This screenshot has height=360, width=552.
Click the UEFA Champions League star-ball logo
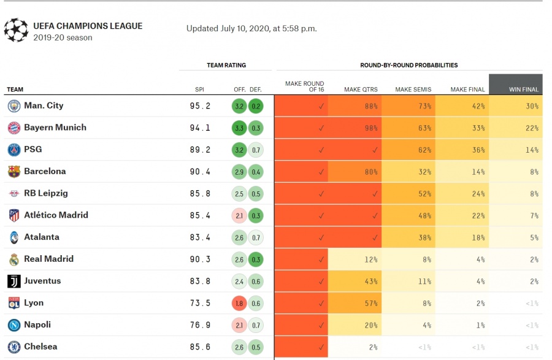click(x=16, y=30)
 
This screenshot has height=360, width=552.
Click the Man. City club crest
click(x=14, y=106)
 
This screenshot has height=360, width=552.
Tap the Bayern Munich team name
click(x=55, y=128)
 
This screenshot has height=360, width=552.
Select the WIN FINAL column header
click(x=524, y=90)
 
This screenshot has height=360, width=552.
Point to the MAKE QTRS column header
click(x=361, y=90)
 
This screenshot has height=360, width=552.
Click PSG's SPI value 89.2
click(x=200, y=150)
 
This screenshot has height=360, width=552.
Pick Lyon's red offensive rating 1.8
click(x=239, y=304)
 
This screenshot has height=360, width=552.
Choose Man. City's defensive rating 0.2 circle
click(x=256, y=106)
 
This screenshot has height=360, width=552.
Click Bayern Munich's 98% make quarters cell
click(x=355, y=128)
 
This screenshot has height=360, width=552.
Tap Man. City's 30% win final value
click(x=532, y=106)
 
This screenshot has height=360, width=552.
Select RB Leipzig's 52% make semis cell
click(x=408, y=194)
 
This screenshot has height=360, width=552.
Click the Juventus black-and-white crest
click(x=14, y=281)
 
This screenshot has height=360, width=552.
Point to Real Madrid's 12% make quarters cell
click(x=355, y=259)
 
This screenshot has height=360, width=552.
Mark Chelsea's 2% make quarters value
click(x=373, y=347)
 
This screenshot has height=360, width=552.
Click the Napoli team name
click(x=37, y=324)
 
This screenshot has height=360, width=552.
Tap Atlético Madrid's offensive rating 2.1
click(x=239, y=216)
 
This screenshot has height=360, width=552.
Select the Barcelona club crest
click(x=14, y=172)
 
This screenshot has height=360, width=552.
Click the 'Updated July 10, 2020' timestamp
click(x=251, y=28)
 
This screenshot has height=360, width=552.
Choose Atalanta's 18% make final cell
click(x=462, y=237)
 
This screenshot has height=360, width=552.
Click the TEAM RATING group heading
click(x=226, y=65)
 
